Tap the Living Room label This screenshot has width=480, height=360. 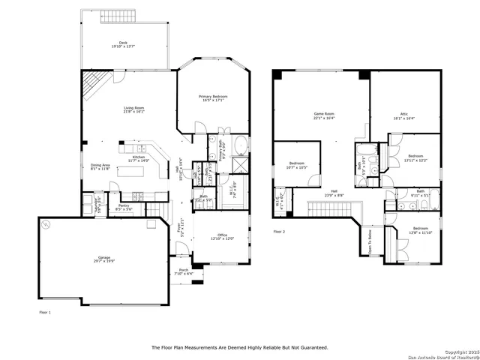pos(134,109)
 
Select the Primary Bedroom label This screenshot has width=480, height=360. pos(213,97)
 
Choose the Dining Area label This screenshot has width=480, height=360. pos(100,165)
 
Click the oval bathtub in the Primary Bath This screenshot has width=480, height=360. pos(242,145)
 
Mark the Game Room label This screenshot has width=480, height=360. pos(323,114)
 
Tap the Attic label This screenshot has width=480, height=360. pos(403,114)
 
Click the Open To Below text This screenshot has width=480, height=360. pos(370,242)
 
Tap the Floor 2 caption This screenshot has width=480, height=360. pos(280,232)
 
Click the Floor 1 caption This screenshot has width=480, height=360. pos(44,310)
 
